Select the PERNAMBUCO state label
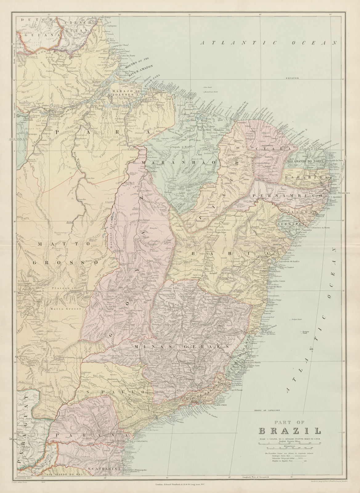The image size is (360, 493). [x=287, y=196]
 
